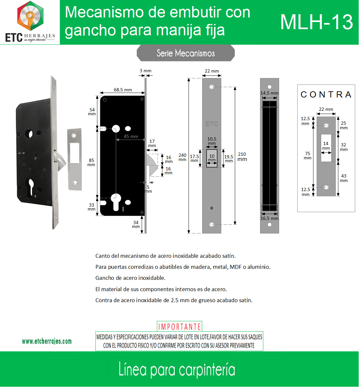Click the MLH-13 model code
pos(316,22)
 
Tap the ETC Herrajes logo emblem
pos(30,16)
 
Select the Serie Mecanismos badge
pos(186,53)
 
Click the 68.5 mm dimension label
pos(123,90)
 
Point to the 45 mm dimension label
pos(131,136)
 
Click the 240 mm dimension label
pos(182,157)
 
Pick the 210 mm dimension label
pos(242,156)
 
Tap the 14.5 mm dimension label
pos(269,93)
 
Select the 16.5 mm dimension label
pos(269,218)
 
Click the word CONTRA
pos(326,95)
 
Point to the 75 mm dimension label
pos(308,155)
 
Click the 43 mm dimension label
pos(344,178)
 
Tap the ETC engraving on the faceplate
pos(212,124)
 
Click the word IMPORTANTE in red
pos(179,327)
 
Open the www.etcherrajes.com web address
pos(47,341)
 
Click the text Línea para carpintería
pos(177,370)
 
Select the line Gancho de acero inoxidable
pos(130,278)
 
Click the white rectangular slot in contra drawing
pos(326,148)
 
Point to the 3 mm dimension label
pos(146,71)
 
